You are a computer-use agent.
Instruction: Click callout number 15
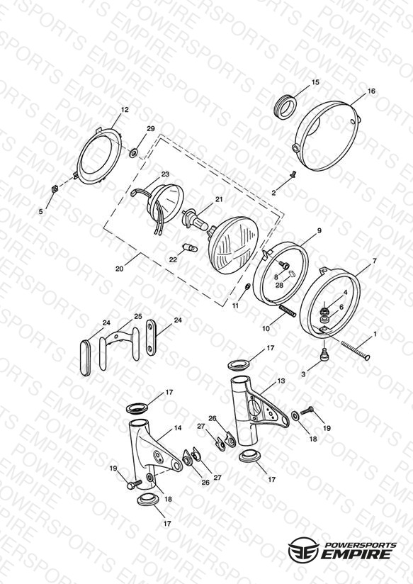tap(315, 82)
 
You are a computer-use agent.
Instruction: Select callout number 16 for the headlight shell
tap(371, 91)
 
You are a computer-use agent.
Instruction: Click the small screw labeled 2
tap(293, 174)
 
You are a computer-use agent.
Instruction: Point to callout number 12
tap(125, 109)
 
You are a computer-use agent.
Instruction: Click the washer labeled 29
tap(133, 152)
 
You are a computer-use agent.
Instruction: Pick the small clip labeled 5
tap(55, 189)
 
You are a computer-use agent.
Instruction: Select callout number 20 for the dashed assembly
tap(119, 269)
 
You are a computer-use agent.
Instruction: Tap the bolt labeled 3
tap(324, 355)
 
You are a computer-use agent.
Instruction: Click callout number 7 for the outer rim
tap(374, 261)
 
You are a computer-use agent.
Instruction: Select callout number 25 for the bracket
tap(138, 316)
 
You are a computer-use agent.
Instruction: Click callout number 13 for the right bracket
tap(281, 381)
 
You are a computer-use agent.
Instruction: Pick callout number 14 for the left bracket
tap(178, 428)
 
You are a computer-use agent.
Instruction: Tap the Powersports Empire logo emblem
tap(303, 549)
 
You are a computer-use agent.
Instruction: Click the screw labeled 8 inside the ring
tap(285, 266)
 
